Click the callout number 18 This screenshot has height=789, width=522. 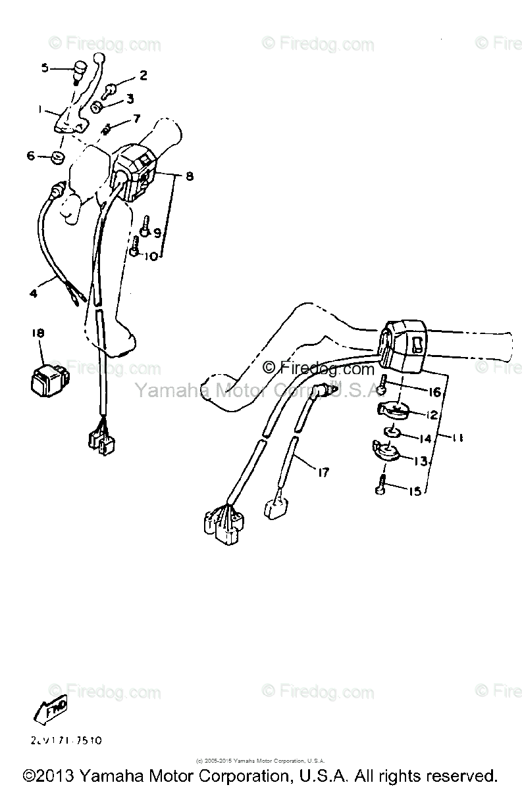[x=38, y=334]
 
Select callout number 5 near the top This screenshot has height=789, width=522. [x=45, y=68]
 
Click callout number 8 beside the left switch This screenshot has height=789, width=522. [x=190, y=176]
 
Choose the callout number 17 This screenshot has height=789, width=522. [x=324, y=472]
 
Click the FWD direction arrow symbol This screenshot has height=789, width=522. [x=51, y=709]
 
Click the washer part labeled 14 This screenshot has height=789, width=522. [x=392, y=433]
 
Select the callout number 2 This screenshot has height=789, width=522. [x=143, y=75]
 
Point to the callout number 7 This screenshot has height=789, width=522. [x=136, y=119]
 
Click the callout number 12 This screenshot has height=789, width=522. [x=432, y=415]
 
